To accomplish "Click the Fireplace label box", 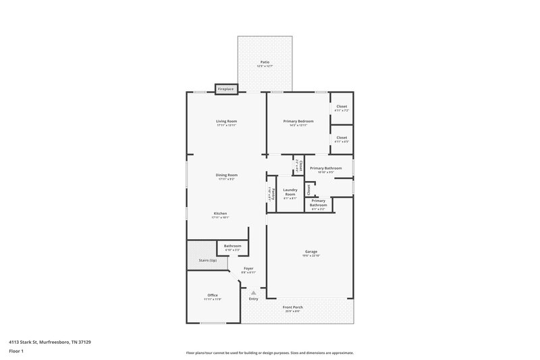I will click(x=225, y=89).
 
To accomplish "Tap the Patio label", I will click(x=265, y=62).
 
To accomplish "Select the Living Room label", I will click(x=226, y=121).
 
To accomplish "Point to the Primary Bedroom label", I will click(x=298, y=121).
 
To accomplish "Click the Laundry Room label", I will click(x=290, y=192).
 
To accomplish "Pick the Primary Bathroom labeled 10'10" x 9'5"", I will click(x=326, y=168).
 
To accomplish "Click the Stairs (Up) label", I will click(x=207, y=259).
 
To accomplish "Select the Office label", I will click(x=213, y=295).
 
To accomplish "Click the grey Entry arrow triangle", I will click(x=254, y=292).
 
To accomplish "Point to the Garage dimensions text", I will click(x=310, y=256).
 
